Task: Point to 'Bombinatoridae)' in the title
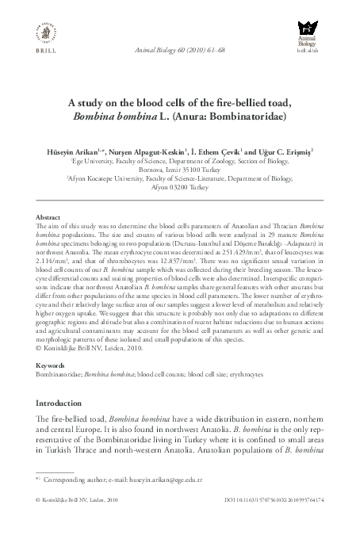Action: [x=245, y=124]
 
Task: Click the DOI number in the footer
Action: [x=278, y=522]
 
